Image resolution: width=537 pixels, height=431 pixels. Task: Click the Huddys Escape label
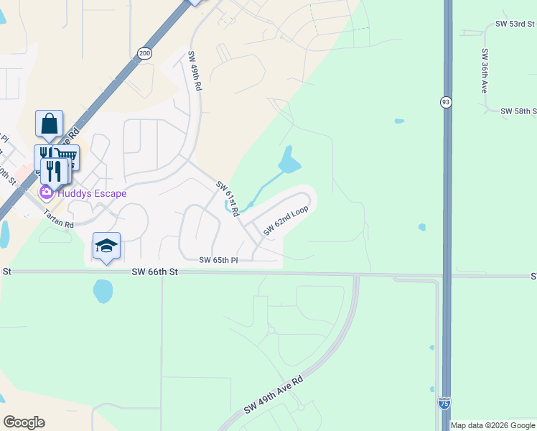[x=93, y=193]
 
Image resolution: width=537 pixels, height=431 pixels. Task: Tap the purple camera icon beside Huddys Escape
[x=47, y=192]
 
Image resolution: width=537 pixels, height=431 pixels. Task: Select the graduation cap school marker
[x=106, y=246]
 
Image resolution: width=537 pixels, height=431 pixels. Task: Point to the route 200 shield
[x=145, y=52]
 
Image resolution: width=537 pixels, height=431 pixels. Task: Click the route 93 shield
[x=446, y=103]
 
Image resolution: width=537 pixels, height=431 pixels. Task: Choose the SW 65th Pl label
[x=218, y=259]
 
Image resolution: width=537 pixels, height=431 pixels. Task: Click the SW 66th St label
[x=154, y=272]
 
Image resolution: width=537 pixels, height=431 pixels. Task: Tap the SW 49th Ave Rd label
[x=274, y=396]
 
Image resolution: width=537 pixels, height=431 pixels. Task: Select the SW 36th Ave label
[x=485, y=70]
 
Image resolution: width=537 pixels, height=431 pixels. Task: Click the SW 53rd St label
[x=515, y=24]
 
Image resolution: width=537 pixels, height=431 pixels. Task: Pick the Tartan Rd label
[x=59, y=223]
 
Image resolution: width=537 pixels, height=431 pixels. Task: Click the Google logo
[x=24, y=422]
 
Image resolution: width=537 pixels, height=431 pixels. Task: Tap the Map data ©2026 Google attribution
[x=492, y=425]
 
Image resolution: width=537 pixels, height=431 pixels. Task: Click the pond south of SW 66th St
[x=103, y=291]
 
